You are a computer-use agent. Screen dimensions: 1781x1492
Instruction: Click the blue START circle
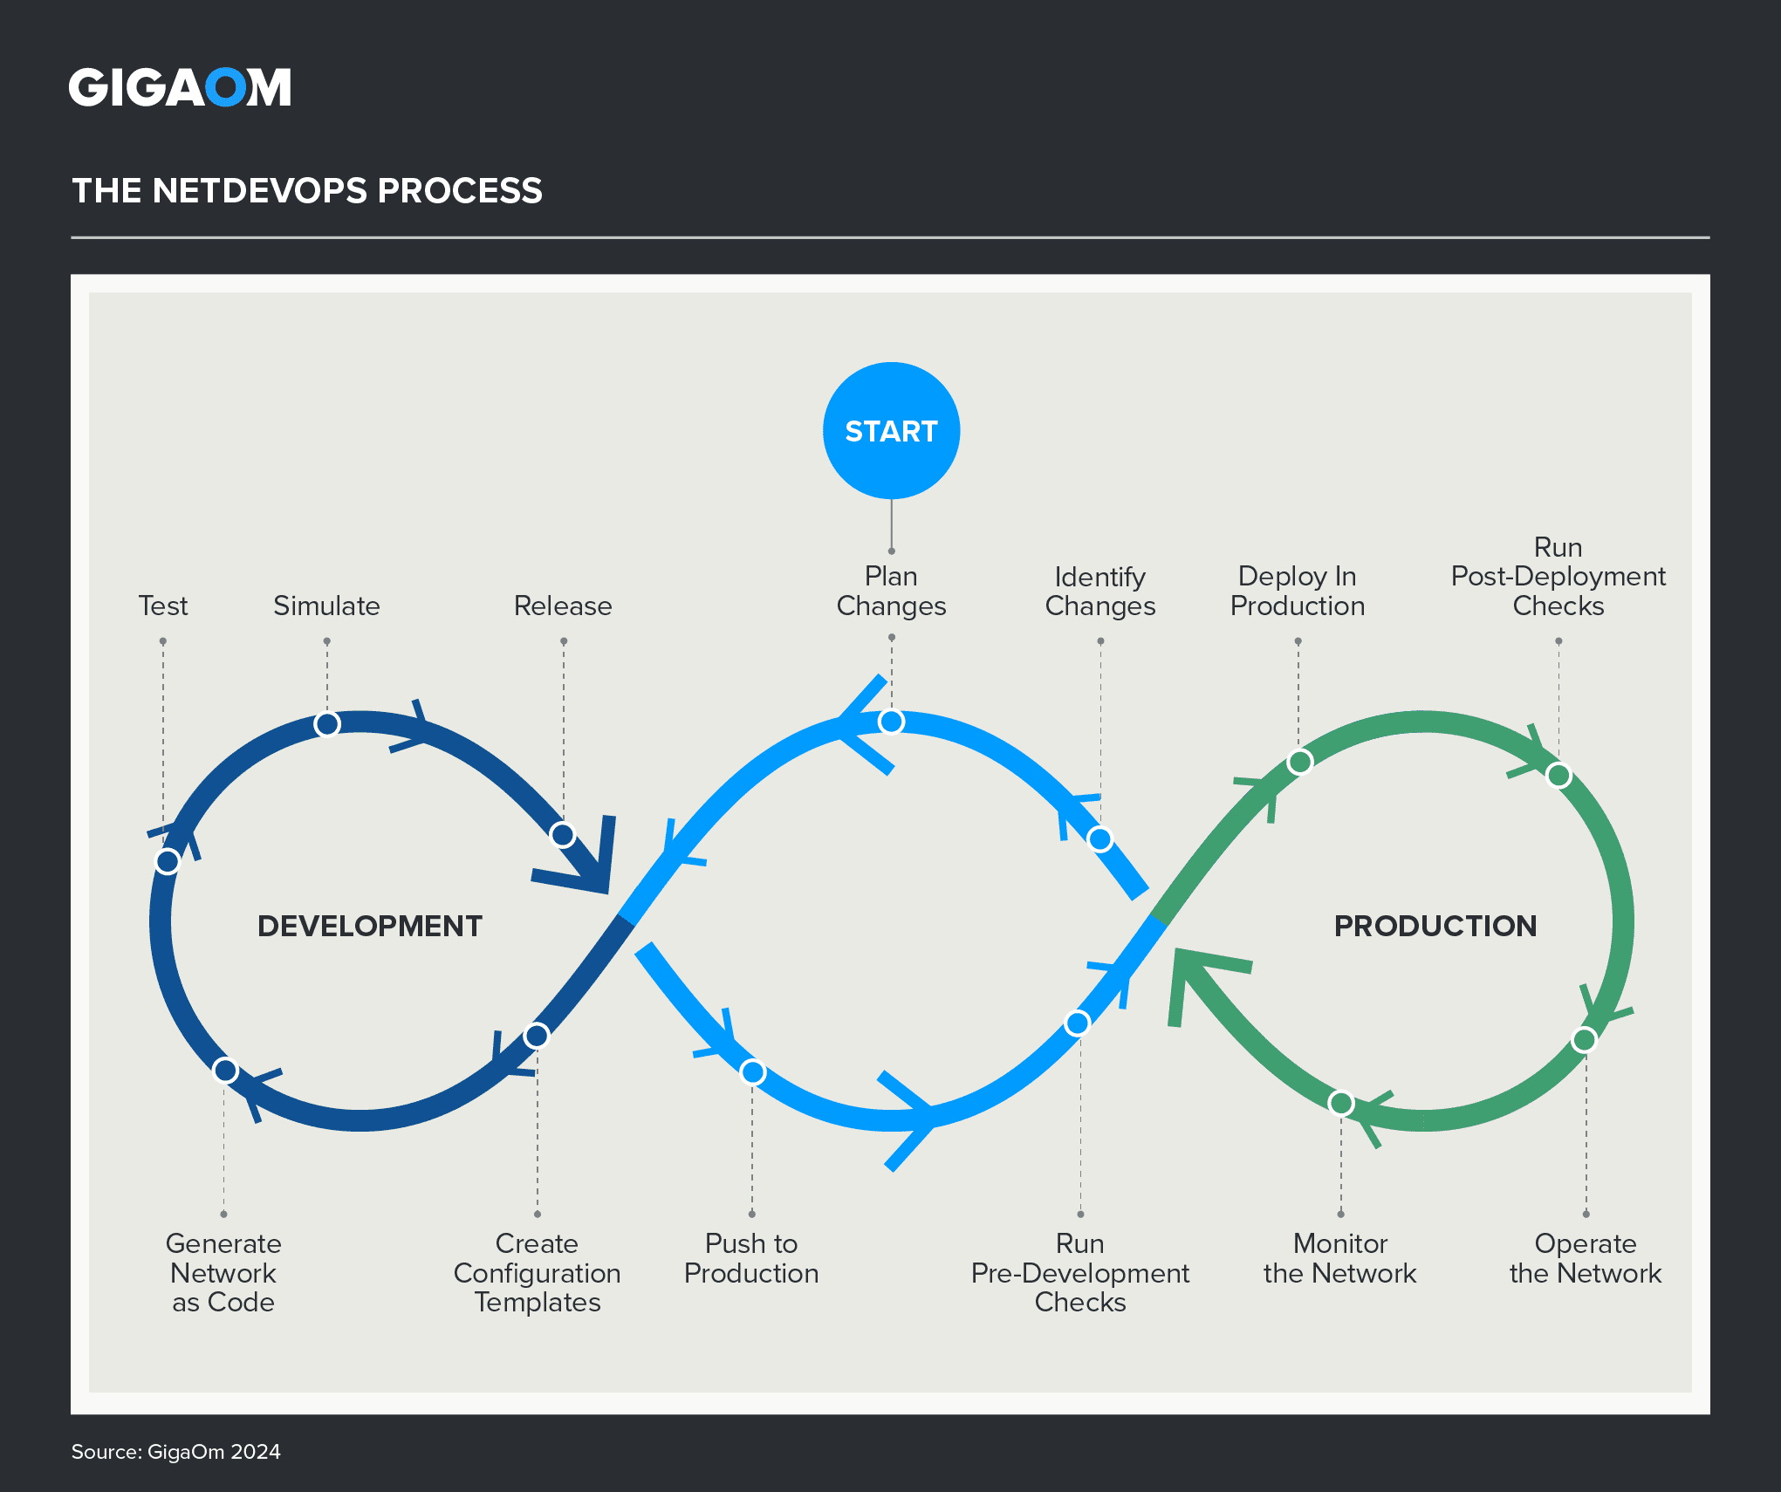[x=891, y=431]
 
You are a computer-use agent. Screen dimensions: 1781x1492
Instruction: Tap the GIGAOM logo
[x=180, y=87]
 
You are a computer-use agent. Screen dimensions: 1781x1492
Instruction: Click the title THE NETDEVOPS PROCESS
[x=307, y=190]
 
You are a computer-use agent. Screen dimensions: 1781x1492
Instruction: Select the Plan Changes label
[x=891, y=591]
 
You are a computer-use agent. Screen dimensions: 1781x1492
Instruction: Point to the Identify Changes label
[x=1100, y=591]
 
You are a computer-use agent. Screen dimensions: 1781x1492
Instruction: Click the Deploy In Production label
[x=1298, y=591]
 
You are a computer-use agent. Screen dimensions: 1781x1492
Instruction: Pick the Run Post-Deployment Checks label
[x=1558, y=576]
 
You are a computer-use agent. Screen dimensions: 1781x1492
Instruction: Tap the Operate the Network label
[x=1586, y=1258]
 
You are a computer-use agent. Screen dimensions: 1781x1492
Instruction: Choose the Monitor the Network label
[x=1340, y=1258]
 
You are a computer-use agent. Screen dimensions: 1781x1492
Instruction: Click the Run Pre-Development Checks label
[x=1080, y=1272]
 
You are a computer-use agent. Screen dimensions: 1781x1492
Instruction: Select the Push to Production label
[x=751, y=1258]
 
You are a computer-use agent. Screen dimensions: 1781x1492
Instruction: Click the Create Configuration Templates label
[x=538, y=1272]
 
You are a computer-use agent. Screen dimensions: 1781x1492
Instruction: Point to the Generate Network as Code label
[x=223, y=1272]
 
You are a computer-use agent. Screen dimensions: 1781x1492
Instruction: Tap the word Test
[x=163, y=606]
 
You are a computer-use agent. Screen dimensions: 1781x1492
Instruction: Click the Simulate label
[x=327, y=606]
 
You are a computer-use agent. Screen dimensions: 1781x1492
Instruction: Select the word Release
[x=563, y=606]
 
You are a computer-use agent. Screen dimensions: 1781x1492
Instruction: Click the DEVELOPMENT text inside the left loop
[x=370, y=926]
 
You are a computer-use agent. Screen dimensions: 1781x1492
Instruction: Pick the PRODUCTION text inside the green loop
[x=1435, y=926]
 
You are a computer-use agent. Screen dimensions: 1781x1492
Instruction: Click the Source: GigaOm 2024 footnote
[x=176, y=1452]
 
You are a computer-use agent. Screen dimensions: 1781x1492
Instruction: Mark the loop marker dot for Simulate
[x=327, y=724]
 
